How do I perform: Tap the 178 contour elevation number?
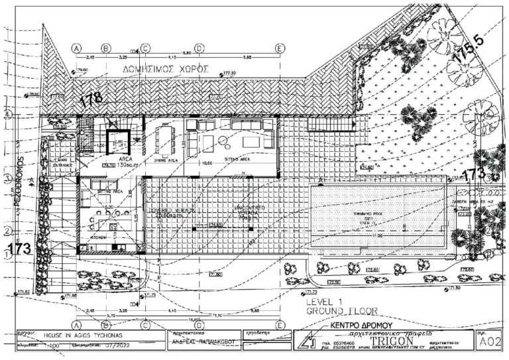pyautogui.click(x=91, y=99)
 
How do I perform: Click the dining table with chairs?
pyautogui.click(x=165, y=139)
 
